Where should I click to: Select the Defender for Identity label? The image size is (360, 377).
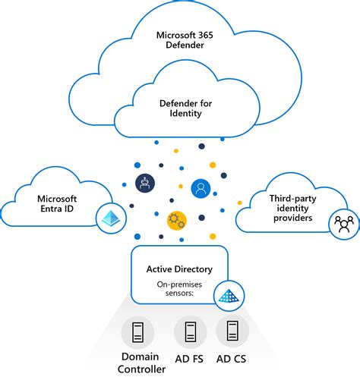[180, 108]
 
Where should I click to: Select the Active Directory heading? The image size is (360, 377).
[179, 269]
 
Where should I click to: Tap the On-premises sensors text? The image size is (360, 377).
[179, 288]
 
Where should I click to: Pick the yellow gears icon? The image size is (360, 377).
[177, 220]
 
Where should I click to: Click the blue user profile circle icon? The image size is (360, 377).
[201, 187]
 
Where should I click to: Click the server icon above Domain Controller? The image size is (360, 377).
[137, 331]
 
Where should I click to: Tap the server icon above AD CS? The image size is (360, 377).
[232, 331]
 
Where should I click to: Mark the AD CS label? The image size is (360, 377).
[232, 357]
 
